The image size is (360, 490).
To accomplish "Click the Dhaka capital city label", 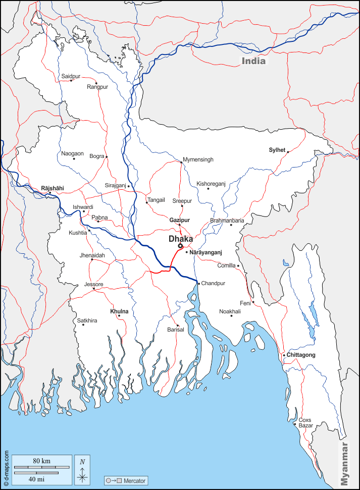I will click(181, 238).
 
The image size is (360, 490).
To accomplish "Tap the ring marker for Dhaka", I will click(180, 246).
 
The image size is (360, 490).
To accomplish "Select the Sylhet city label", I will click(277, 150).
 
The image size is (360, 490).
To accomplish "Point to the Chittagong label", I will click(301, 355).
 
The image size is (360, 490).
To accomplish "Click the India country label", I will click(253, 61).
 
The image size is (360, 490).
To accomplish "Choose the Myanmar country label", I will click(345, 464).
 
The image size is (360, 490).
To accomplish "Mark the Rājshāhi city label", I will click(53, 188).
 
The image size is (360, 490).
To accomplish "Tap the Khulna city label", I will click(119, 312).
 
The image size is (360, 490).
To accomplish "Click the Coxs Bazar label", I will click(305, 423).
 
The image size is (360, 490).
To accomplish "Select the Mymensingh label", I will click(198, 159).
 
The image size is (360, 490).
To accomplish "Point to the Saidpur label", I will click(71, 76).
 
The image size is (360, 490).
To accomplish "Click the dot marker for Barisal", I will click(177, 325).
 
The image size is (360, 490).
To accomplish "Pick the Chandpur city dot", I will click(198, 284).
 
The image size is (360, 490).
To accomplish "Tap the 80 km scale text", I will click(42, 461).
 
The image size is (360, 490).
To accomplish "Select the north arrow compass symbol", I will click(82, 469).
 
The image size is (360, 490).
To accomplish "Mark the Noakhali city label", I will click(230, 311).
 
